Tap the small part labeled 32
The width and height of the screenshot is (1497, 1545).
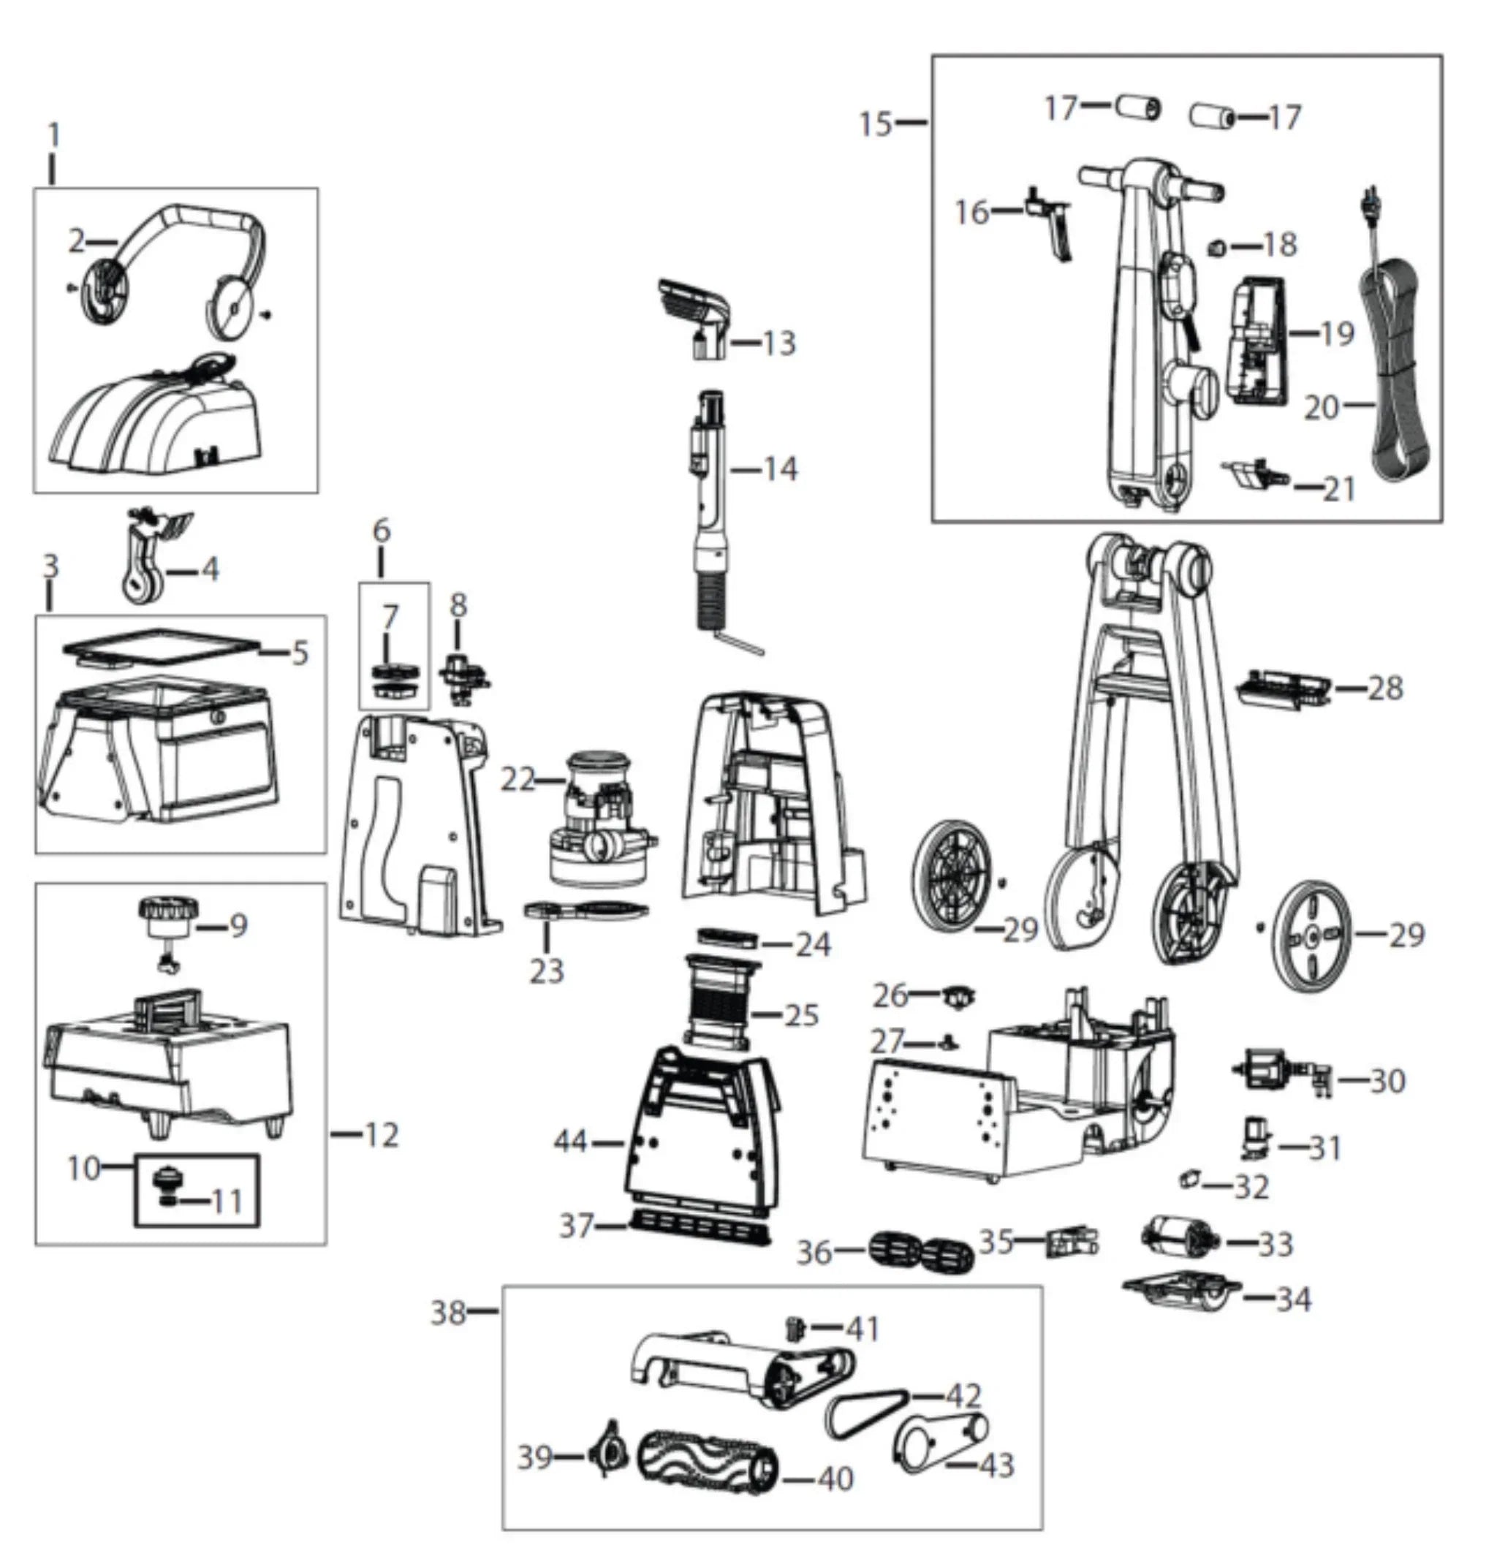coord(1189,1180)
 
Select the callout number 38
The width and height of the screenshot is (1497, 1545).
coord(448,1313)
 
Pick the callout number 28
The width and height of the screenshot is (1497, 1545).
coord(1385,688)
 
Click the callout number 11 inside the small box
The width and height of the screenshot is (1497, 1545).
coord(228,1202)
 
